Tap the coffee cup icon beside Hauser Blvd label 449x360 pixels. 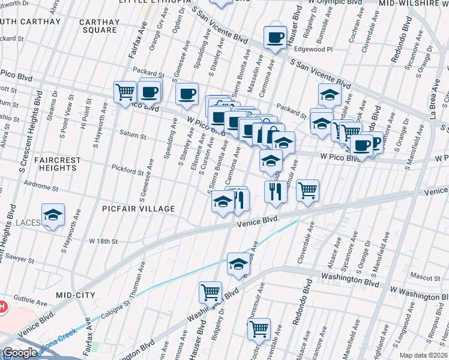tap(275, 38)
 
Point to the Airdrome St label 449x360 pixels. tap(38, 188)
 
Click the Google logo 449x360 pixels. tap(20, 353)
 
